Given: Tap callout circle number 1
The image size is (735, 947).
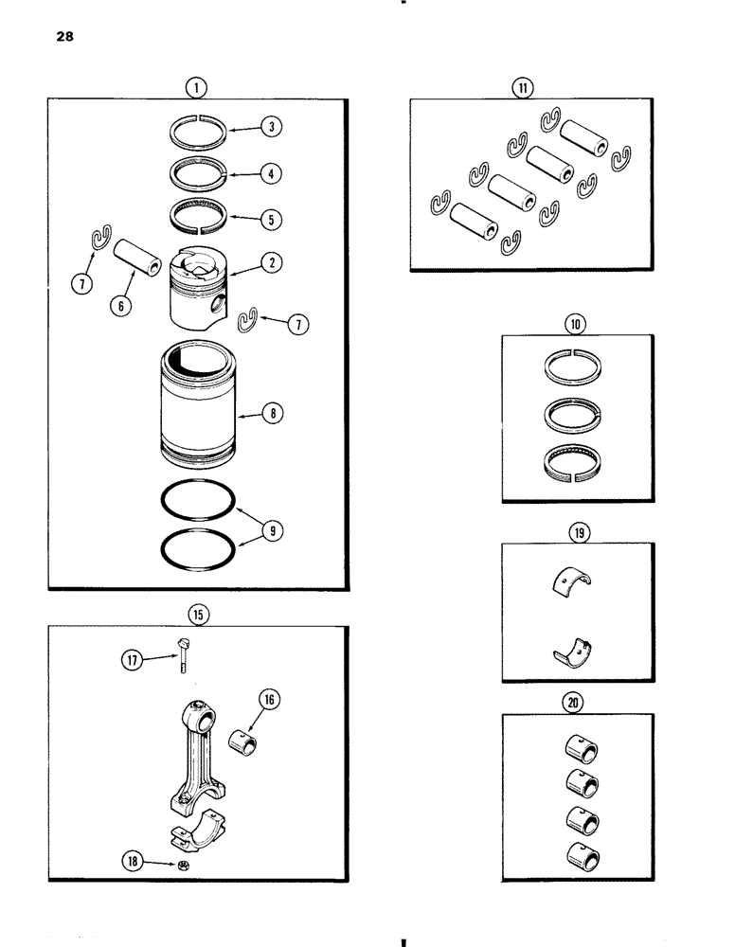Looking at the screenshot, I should [x=195, y=88].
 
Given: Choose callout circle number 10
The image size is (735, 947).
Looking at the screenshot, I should [x=575, y=324].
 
